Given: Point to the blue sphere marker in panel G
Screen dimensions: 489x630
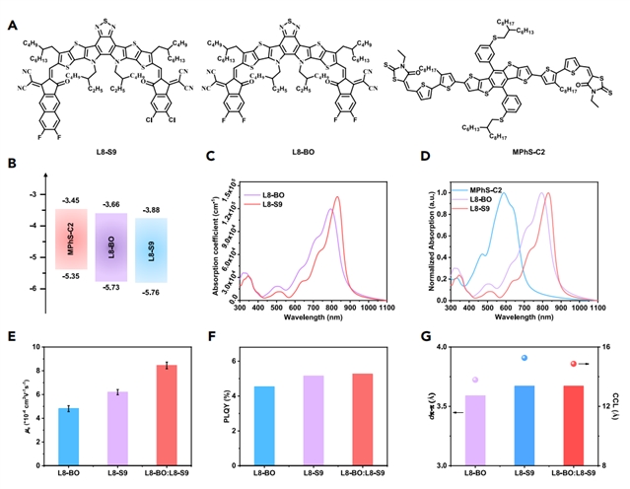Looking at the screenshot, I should (x=525, y=358).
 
